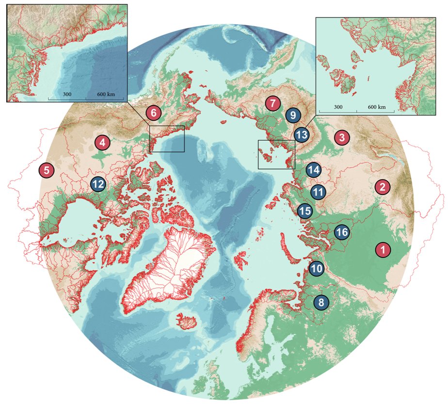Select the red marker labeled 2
[383, 186]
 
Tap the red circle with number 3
[342, 137]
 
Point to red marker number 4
[102, 143]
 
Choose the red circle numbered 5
[47, 170]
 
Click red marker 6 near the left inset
[153, 113]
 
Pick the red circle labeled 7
[272, 103]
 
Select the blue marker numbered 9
[292, 115]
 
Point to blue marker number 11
[319, 192]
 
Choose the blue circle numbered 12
[98, 184]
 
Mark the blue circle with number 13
[301, 134]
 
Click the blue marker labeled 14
[314, 170]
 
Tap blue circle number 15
[305, 211]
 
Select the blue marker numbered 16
[342, 232]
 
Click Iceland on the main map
[184, 321]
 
